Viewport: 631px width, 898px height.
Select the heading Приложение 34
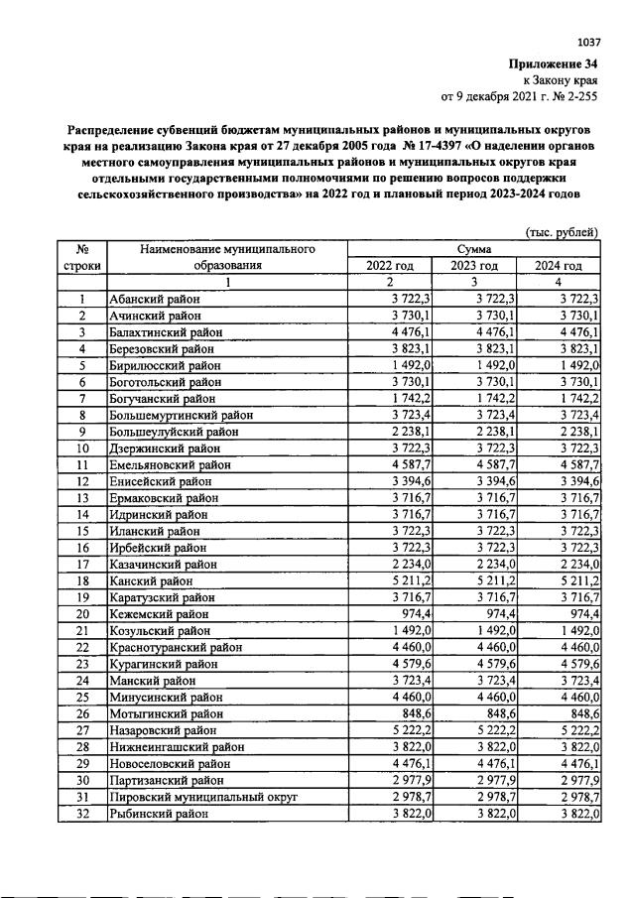tap(557, 64)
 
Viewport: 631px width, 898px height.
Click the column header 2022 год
tap(390, 266)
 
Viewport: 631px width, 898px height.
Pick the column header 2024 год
tap(559, 266)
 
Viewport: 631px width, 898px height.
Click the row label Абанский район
tap(154, 299)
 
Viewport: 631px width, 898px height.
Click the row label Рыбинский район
tap(158, 814)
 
